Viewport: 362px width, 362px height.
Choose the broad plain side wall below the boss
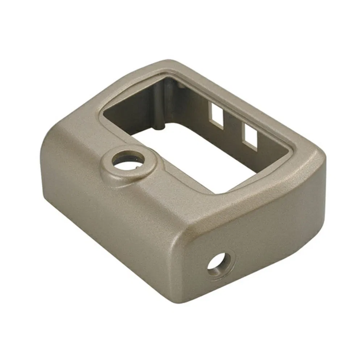[x=109, y=224]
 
